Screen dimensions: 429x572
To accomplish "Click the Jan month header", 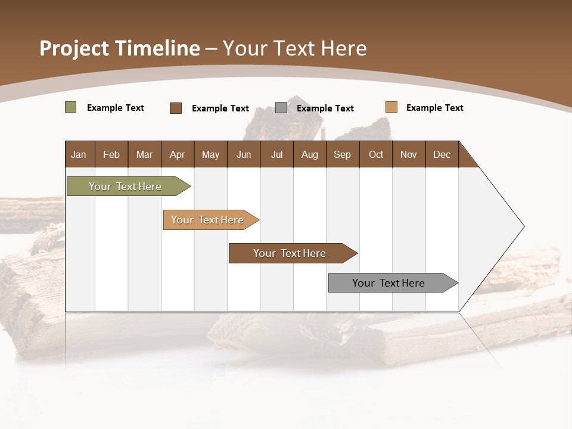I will pyautogui.click(x=79, y=154).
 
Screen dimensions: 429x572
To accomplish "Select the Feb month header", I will pyautogui.click(x=111, y=154).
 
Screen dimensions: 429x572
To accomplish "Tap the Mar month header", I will pyautogui.click(x=144, y=154).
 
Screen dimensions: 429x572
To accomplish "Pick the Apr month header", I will pyautogui.click(x=177, y=154).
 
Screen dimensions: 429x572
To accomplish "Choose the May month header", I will pyautogui.click(x=210, y=154).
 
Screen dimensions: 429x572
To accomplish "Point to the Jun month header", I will pyautogui.click(x=244, y=154).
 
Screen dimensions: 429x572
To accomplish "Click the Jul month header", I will pyautogui.click(x=276, y=154).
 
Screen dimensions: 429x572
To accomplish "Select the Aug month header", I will pyautogui.click(x=309, y=154).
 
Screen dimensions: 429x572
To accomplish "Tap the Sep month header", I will pyautogui.click(x=342, y=154).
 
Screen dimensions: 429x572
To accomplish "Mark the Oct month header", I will pyautogui.click(x=376, y=154).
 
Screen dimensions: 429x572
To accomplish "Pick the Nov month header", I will pyautogui.click(x=409, y=154).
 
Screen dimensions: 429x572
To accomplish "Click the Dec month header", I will pyautogui.click(x=442, y=154).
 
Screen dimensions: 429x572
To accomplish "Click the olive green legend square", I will pyautogui.click(x=71, y=107).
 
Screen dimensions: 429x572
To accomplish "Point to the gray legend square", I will pyautogui.click(x=281, y=108).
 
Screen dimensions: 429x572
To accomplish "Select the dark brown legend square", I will pyautogui.click(x=176, y=108).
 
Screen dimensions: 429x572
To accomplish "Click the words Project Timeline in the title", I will pyautogui.click(x=120, y=48).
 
